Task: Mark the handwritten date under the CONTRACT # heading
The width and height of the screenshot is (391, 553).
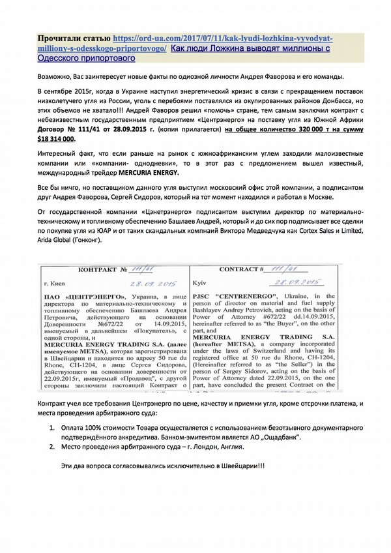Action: pyautogui.click(x=298, y=282)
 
